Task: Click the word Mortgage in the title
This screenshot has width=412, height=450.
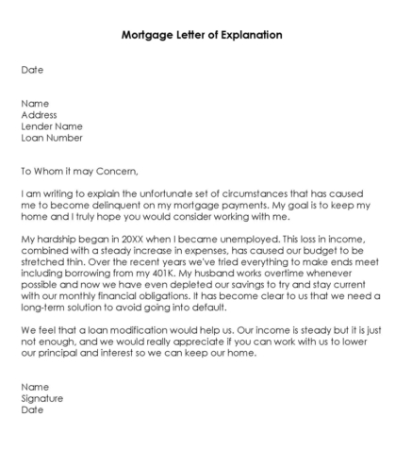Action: click(x=147, y=35)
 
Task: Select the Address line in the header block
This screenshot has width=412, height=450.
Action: click(x=40, y=115)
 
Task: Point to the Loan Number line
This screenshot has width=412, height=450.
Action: click(x=52, y=138)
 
